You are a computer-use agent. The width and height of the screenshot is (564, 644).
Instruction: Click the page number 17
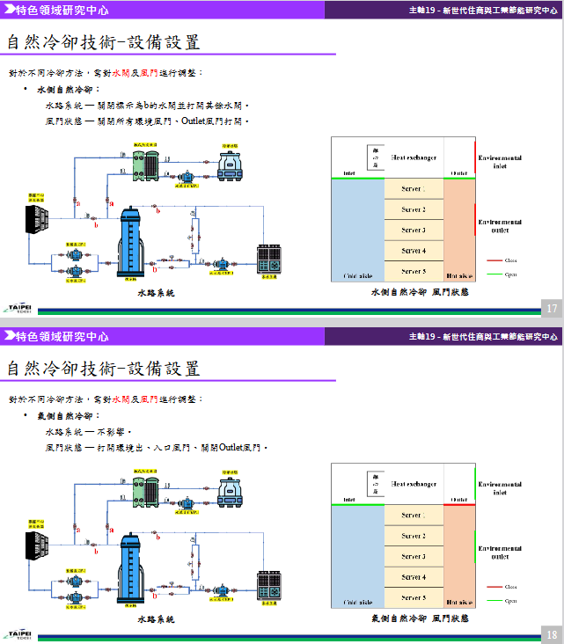552,308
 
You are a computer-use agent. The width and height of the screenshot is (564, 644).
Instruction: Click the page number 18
552,634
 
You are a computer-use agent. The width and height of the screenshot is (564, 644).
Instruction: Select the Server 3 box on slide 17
414,231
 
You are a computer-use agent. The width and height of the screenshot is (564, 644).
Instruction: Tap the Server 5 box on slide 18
414,598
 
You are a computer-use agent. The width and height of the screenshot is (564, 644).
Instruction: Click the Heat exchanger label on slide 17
414,157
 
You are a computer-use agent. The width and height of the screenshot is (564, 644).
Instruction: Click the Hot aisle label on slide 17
458,275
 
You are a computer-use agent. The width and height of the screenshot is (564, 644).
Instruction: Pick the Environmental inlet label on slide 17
500,162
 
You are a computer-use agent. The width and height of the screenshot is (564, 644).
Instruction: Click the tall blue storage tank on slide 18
130,567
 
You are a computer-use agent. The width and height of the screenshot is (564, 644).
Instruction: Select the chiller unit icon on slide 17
270,256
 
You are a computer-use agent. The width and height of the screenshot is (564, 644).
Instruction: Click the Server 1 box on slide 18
414,516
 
